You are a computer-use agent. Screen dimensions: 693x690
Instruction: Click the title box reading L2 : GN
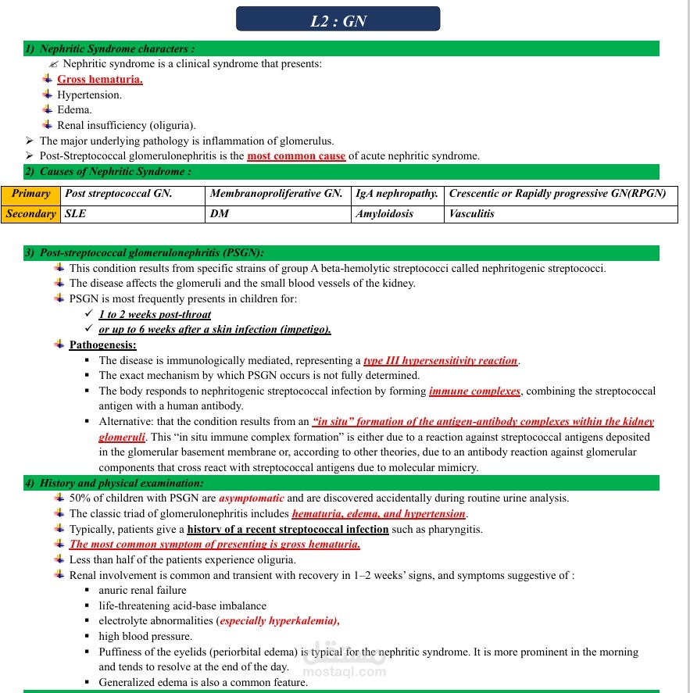(338, 20)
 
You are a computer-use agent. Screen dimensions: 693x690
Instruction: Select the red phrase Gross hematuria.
(99, 80)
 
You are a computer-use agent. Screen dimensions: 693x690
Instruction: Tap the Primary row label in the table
(31, 194)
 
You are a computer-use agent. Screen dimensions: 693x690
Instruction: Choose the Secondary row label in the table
(31, 213)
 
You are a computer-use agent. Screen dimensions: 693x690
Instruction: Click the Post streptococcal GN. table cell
(119, 194)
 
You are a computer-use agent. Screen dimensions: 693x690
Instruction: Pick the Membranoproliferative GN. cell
(277, 194)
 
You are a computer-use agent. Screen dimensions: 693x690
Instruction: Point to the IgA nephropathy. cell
(396, 194)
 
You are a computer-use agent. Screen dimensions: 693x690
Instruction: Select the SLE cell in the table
(76, 213)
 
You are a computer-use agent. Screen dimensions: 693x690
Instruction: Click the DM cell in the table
(220, 213)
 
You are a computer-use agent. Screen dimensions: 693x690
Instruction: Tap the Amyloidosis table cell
(384, 213)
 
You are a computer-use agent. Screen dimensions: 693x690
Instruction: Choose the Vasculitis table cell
(472, 213)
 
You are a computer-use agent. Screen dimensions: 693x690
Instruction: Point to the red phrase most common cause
(296, 156)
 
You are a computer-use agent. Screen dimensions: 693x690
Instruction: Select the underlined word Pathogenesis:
(102, 345)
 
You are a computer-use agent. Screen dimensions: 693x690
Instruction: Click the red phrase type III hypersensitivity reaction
(441, 361)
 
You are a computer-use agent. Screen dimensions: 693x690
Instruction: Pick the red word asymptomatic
(252, 498)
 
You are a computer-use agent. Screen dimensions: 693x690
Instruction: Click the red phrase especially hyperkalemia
(279, 621)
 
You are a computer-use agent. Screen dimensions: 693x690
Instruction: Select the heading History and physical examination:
(110, 484)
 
